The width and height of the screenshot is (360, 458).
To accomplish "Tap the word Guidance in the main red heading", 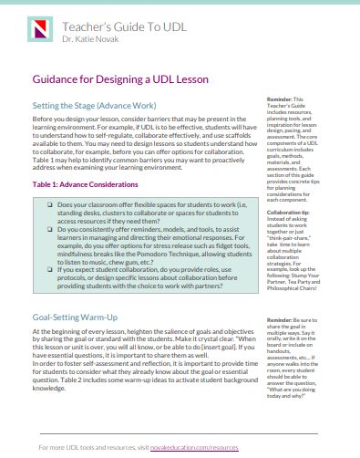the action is pos(60,80).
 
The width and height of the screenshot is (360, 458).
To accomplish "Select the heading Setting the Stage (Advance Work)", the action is pos(87,106).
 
